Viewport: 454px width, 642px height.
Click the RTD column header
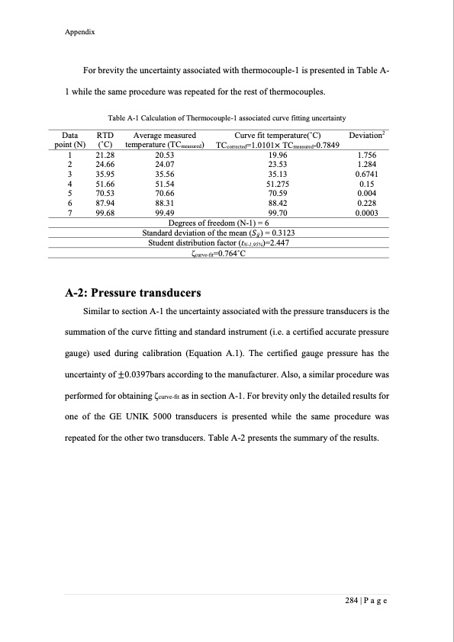click(x=105, y=134)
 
